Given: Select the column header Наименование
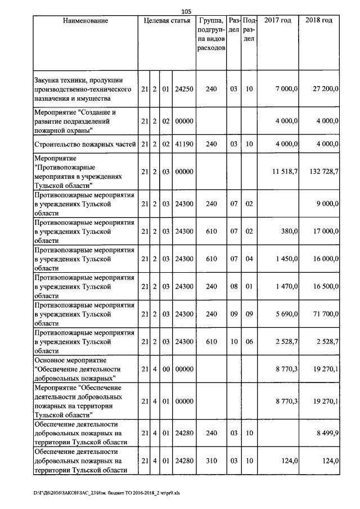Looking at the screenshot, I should point(85,21).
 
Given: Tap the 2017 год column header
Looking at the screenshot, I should point(277,21).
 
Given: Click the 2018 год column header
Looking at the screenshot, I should point(318,21).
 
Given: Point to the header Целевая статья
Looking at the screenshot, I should point(167,21).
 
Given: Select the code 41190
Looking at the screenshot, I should point(184,145).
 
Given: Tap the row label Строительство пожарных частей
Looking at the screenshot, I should point(85,145).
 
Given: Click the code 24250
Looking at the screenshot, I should point(184,89).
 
